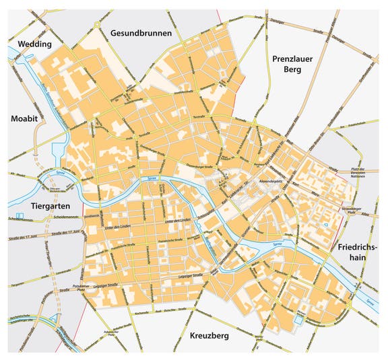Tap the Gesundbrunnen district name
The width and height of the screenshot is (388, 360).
click(141, 32)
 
